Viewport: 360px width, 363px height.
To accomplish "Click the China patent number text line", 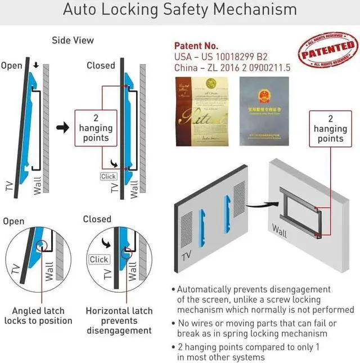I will [232, 68].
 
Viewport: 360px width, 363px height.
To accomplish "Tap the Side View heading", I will [73, 40].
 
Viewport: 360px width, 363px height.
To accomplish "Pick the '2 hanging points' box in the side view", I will [96, 128].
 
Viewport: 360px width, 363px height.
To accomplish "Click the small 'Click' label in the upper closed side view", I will [108, 176].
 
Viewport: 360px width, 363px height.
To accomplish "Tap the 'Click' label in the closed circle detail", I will [99, 259].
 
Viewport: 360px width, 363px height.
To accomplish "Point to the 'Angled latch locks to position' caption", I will [38, 316].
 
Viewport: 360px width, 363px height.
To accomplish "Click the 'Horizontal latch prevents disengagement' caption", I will [119, 321].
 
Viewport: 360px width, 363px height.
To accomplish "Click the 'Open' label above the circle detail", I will [13, 221].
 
